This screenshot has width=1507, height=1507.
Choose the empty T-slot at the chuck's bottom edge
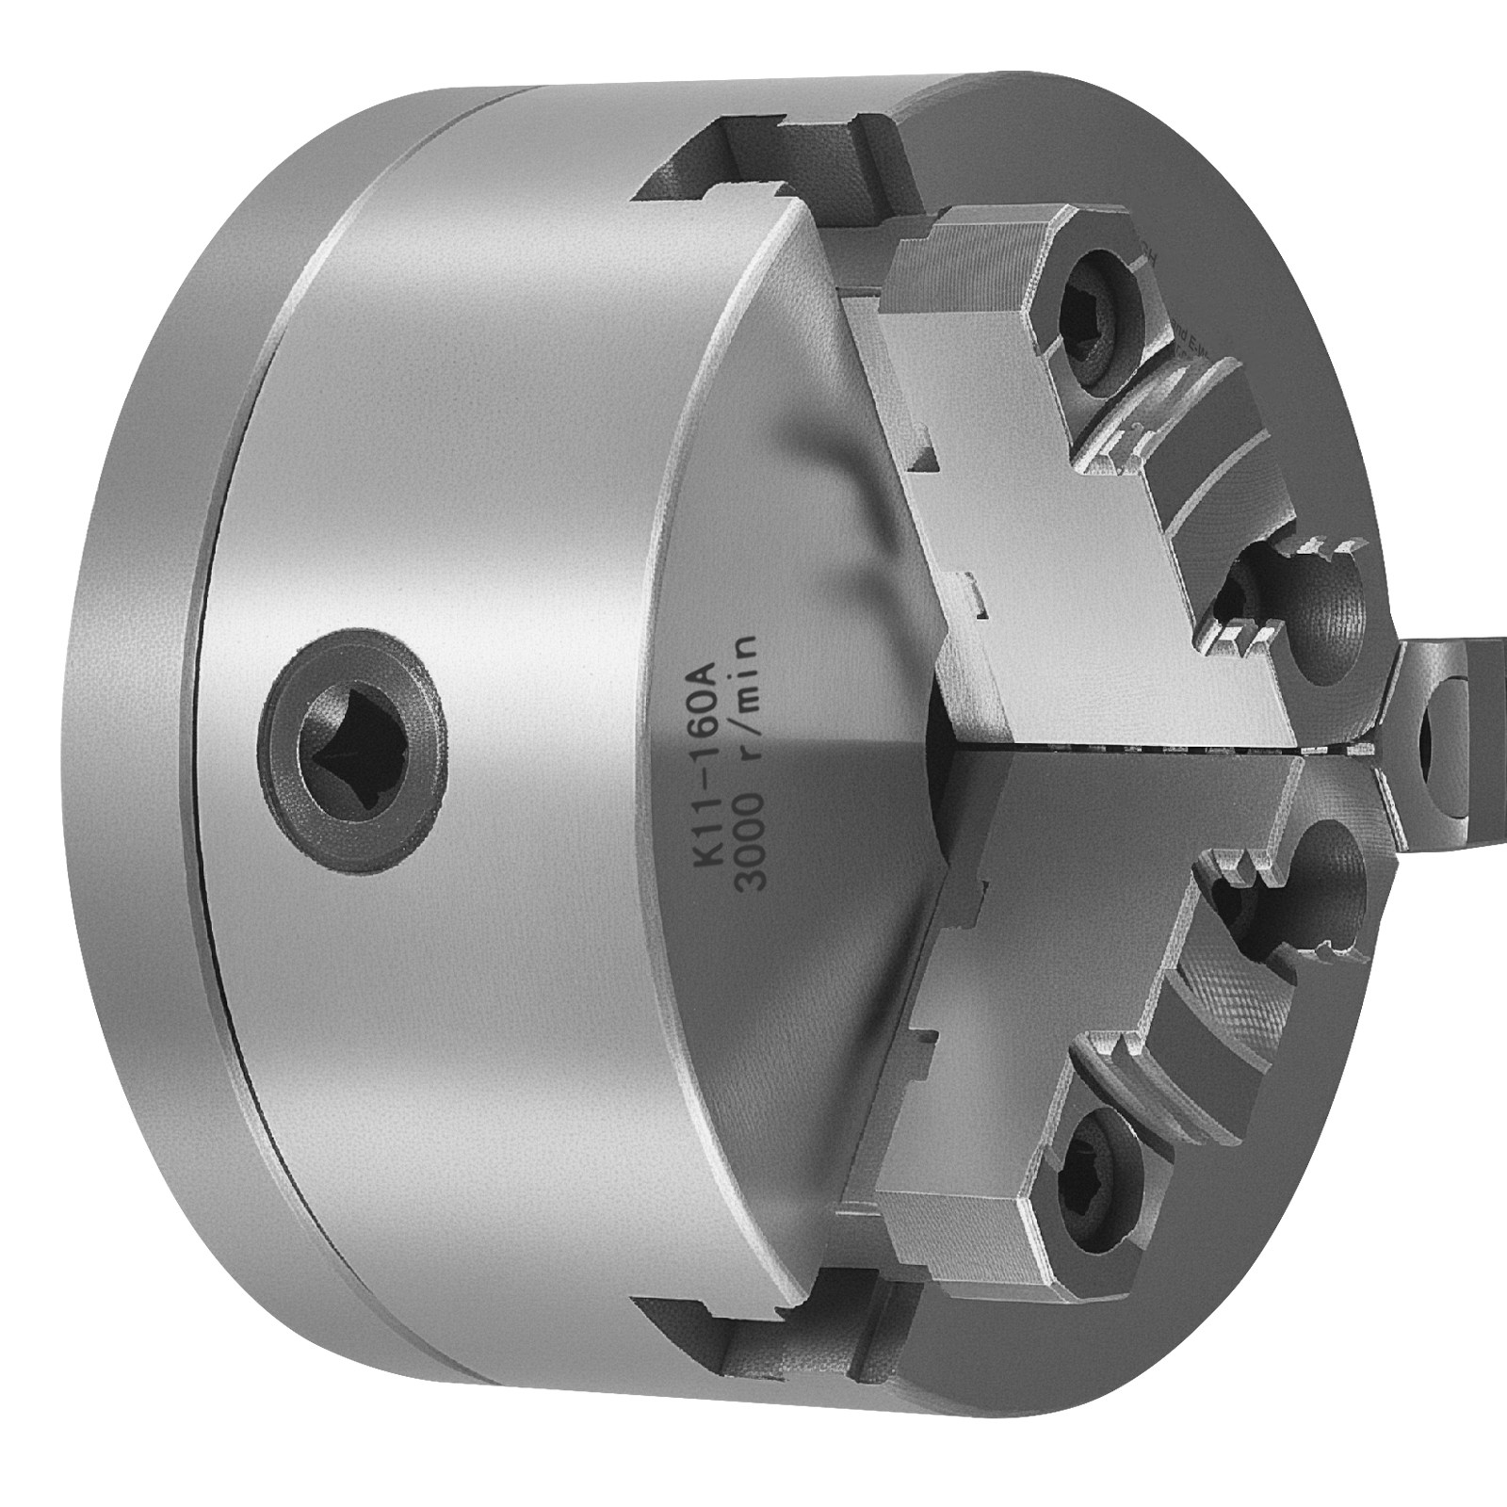click(x=753, y=1337)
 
